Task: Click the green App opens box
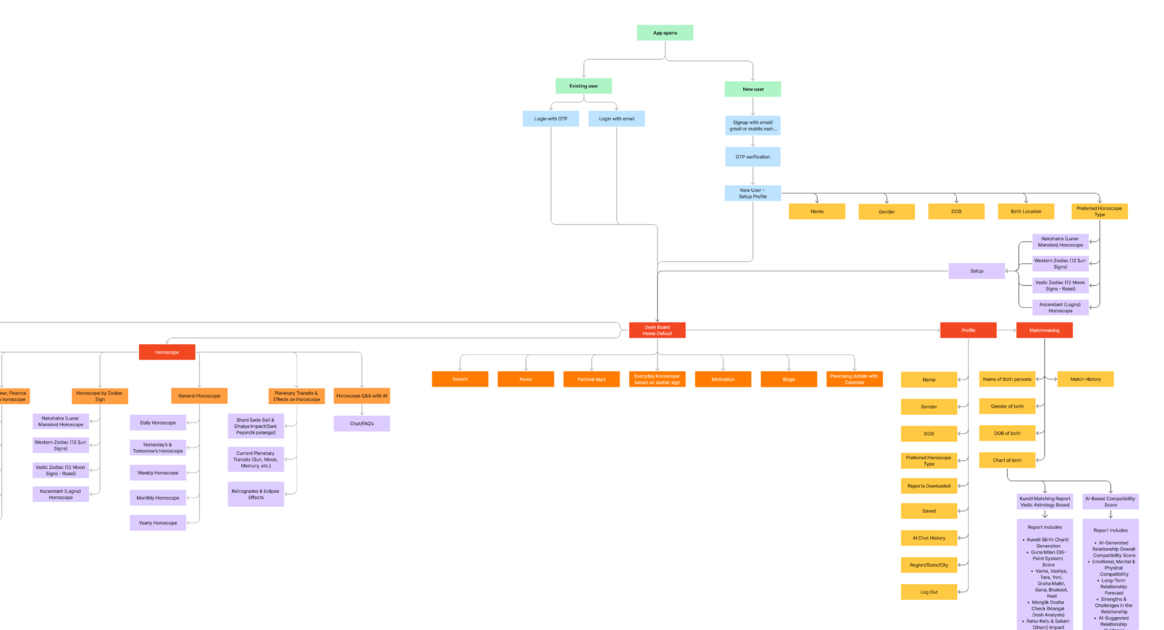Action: click(x=664, y=33)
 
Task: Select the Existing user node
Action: click(x=583, y=86)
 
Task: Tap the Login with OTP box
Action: click(x=551, y=119)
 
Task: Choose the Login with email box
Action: click(x=616, y=119)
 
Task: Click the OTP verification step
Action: click(x=752, y=157)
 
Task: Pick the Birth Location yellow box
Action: click(x=1026, y=212)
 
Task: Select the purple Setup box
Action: click(x=976, y=271)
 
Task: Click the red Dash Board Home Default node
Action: click(x=657, y=330)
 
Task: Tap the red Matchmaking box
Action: click(x=1044, y=330)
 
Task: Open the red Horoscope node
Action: click(x=167, y=353)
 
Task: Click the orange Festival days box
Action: click(x=591, y=380)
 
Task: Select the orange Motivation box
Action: click(x=723, y=380)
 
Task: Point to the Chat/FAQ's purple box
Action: click(x=362, y=424)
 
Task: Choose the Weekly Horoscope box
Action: click(x=157, y=473)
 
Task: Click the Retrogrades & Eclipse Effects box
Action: click(x=255, y=494)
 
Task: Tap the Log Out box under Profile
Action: click(x=928, y=592)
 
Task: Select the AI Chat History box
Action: click(x=928, y=538)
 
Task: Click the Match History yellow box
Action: click(x=1085, y=380)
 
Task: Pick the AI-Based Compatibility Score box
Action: click(x=1110, y=502)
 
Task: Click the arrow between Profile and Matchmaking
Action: click(x=1007, y=330)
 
